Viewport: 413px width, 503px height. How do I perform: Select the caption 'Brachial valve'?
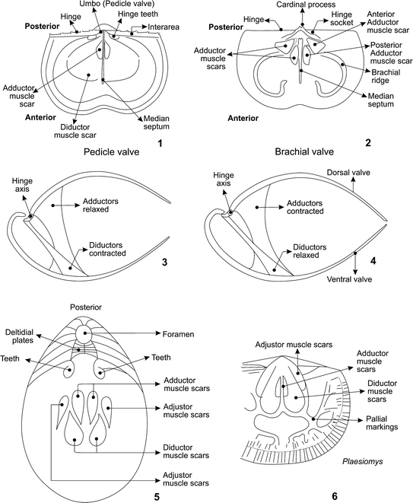(x=303, y=152)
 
